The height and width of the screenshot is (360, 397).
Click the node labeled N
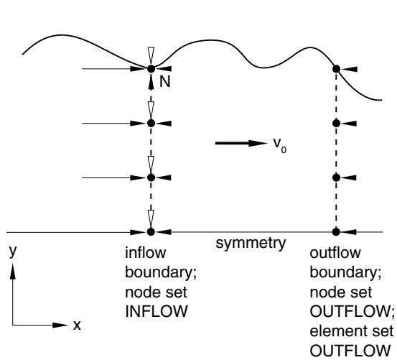(151, 69)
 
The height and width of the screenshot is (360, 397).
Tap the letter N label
(165, 82)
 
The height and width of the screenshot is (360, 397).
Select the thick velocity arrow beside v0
(241, 143)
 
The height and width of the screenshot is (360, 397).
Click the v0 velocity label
(280, 145)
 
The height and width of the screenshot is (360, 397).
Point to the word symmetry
(251, 243)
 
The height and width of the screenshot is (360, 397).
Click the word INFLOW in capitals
(157, 311)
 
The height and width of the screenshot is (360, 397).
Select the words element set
(352, 331)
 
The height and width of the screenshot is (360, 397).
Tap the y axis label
(13, 251)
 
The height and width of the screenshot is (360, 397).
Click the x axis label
(77, 325)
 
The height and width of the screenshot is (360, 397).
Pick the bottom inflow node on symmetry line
(151, 231)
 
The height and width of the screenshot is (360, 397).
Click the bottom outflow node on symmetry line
(336, 231)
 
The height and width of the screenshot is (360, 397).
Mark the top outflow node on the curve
(336, 69)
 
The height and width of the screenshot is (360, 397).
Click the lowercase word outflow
(335, 253)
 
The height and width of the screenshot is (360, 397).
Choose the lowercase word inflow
(146, 253)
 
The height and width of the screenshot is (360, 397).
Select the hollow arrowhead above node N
(151, 56)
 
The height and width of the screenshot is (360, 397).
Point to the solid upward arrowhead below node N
(151, 82)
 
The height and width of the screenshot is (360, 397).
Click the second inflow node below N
(151, 177)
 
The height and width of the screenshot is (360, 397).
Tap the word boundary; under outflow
(345, 272)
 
